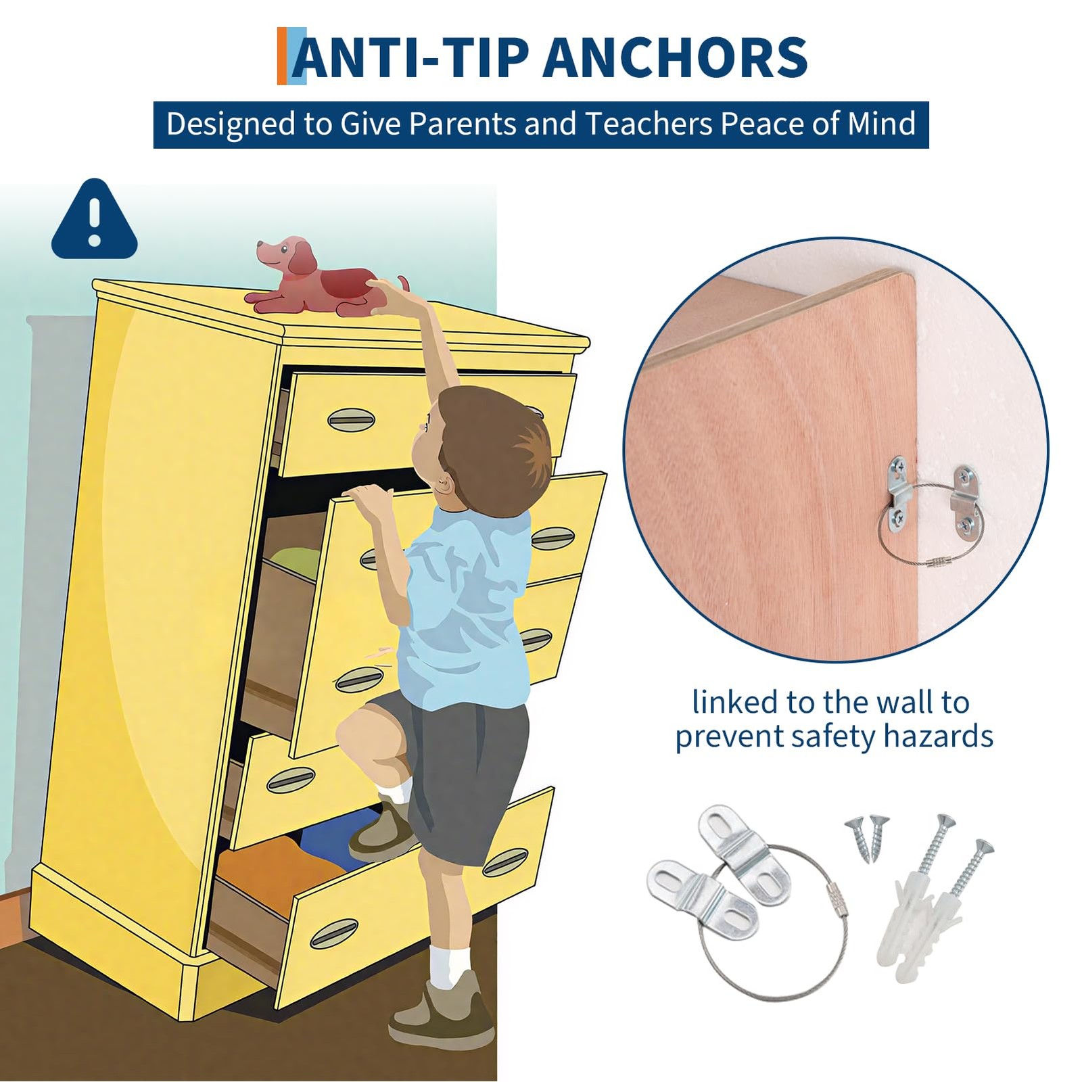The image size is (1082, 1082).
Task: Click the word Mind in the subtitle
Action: pos(882,124)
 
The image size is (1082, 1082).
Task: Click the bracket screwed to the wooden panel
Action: pos(899,492)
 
